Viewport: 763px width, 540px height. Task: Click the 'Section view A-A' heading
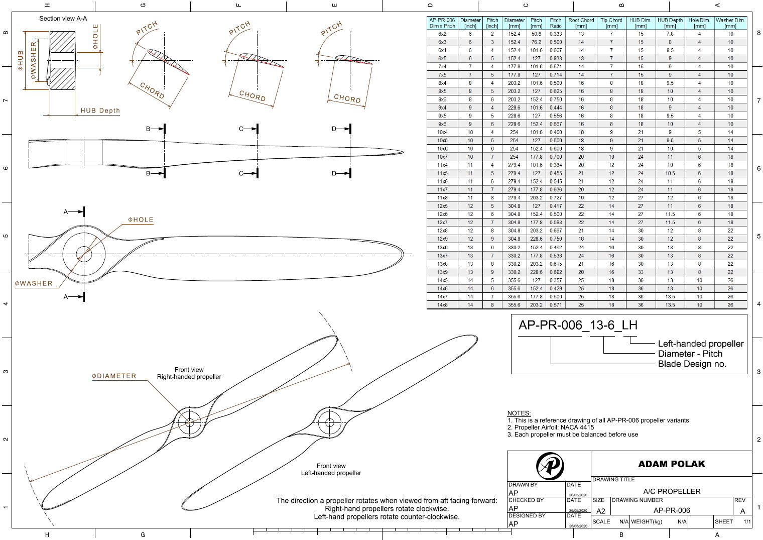[63, 19]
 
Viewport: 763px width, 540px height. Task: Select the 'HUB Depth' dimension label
[100, 111]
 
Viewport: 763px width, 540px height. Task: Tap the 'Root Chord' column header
[581, 23]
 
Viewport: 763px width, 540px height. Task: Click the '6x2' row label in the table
[442, 34]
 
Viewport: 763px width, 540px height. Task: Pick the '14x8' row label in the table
[442, 305]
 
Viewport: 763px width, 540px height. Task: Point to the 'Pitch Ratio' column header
[555, 23]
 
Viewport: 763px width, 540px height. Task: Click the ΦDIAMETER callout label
[114, 376]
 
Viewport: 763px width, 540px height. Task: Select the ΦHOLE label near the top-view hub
[141, 220]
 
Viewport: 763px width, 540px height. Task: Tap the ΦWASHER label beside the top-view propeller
[34, 283]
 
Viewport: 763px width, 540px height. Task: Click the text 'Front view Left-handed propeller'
[331, 469]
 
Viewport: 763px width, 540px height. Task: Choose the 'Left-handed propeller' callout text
[700, 344]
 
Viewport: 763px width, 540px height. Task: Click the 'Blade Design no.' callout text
[692, 364]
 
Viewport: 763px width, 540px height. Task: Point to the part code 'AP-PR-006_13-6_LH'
[577, 325]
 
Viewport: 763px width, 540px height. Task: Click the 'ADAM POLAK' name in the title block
[671, 464]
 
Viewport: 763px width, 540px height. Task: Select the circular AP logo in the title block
[550, 466]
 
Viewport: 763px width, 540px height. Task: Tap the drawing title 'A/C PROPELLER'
[672, 491]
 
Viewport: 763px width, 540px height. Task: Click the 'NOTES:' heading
[519, 413]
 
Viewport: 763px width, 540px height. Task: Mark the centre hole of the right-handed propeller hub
[189, 422]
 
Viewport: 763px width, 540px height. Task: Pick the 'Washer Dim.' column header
[730, 23]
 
